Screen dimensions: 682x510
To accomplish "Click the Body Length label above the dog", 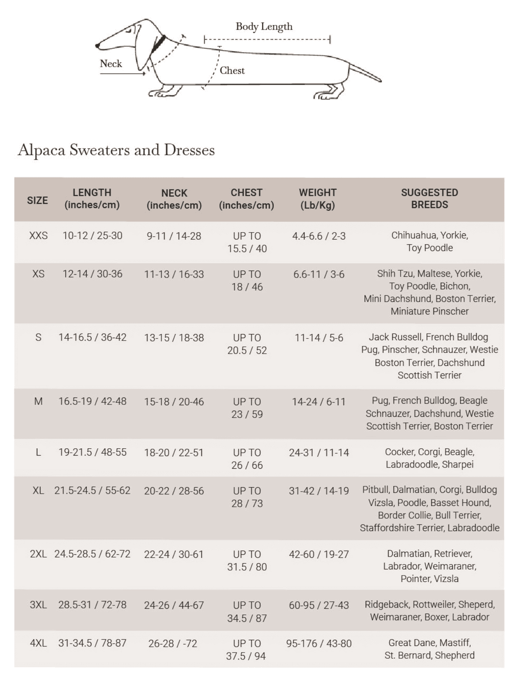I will point(264,26).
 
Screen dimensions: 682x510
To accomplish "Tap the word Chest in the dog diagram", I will point(232,71).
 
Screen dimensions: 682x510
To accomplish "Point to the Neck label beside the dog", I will point(111,64).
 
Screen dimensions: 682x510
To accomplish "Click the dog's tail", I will point(365,73).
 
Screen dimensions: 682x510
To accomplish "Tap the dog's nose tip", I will point(97,46).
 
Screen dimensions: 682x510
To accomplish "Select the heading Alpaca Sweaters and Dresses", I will point(116,150).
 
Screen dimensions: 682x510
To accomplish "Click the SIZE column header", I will point(37,200).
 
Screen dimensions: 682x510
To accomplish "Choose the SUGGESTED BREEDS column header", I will point(429,199).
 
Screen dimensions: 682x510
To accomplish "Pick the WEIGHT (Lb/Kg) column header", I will point(317,199).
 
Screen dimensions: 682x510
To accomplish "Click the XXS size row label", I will point(38,236).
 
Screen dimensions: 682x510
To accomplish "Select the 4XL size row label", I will point(38,643).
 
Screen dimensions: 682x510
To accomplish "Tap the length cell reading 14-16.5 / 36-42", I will point(92,337).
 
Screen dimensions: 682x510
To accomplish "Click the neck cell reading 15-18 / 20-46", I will point(174,402).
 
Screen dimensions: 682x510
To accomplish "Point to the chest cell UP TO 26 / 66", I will point(247,459).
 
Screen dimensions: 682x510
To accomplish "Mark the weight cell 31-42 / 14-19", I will point(319,491).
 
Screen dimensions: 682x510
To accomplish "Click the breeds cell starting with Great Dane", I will point(429,649).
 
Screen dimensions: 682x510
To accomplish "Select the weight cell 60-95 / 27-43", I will point(319,605).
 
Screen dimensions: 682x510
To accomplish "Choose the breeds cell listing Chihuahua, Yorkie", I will point(429,241).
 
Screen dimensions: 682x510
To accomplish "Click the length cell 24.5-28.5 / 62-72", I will point(92,554).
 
